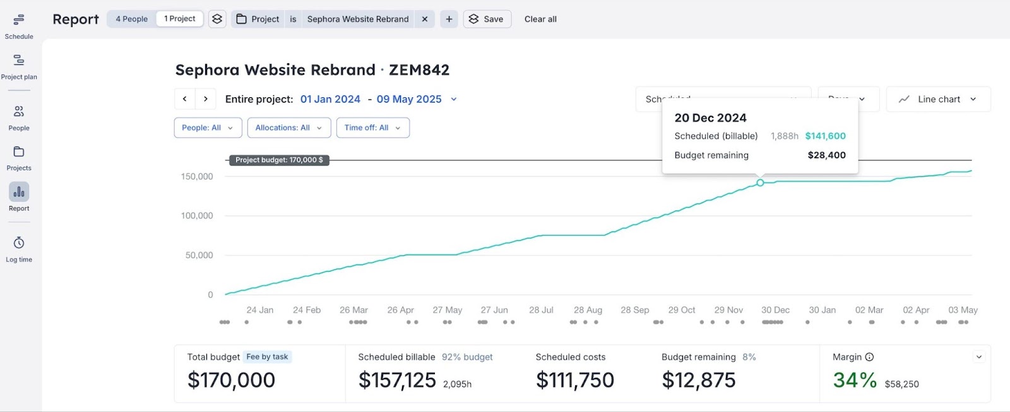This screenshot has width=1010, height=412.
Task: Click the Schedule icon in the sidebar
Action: click(19, 20)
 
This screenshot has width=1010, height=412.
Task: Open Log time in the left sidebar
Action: click(19, 243)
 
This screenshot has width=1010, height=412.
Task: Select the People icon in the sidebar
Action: click(19, 112)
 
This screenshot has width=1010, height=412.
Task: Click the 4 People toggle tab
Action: click(131, 19)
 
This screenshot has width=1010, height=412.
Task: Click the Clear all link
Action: click(540, 19)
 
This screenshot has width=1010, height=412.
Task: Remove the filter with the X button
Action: click(425, 19)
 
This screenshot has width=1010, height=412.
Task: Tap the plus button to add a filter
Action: click(449, 19)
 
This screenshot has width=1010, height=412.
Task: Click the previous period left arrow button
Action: click(184, 99)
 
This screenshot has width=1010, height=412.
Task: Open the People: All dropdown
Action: click(208, 128)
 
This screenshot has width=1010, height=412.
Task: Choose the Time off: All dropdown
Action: click(372, 128)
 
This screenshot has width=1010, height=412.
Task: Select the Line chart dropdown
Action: click(938, 99)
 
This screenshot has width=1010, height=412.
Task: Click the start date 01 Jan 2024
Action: click(330, 99)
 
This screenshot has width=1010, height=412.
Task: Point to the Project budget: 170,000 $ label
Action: click(279, 160)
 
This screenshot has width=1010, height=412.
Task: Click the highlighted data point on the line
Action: click(760, 183)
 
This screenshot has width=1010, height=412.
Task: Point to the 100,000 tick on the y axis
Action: click(197, 216)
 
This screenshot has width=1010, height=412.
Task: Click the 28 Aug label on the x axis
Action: click(588, 310)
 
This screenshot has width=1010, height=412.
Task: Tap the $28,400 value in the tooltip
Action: click(826, 155)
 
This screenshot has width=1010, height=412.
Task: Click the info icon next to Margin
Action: click(869, 357)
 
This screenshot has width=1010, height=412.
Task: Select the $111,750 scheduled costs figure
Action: click(574, 380)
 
